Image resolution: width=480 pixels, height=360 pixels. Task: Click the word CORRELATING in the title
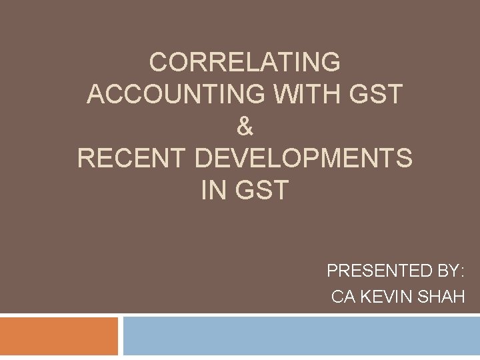point(245,62)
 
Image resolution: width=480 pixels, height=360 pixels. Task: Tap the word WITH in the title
point(265,94)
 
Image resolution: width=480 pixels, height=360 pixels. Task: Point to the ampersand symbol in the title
point(245,126)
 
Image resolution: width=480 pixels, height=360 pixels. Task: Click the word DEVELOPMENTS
point(304,158)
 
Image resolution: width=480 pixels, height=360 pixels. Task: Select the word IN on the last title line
point(213,190)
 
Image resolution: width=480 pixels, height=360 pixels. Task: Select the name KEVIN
point(384,297)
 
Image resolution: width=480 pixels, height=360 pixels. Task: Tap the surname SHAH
point(440,297)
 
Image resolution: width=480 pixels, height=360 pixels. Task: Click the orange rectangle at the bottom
point(59,336)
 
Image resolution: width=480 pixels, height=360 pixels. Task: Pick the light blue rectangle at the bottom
point(301,336)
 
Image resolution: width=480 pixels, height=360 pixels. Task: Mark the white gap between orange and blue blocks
point(121,336)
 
